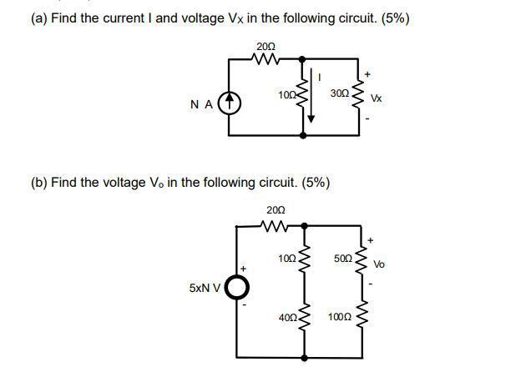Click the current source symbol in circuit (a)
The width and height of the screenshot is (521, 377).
(x=230, y=103)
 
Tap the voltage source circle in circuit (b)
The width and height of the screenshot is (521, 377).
(x=237, y=288)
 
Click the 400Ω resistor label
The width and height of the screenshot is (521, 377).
(x=287, y=317)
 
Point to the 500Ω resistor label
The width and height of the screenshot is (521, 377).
(x=343, y=259)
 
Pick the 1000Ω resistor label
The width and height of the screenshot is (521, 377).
(x=340, y=317)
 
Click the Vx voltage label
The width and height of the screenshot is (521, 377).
(x=377, y=98)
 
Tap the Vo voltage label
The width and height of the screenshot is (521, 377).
(x=379, y=264)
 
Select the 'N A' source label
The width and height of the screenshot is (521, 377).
(x=200, y=104)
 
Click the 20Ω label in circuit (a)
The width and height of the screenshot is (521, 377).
(x=266, y=45)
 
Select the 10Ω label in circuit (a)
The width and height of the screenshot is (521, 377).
(x=286, y=94)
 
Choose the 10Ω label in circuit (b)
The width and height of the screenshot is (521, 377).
(x=286, y=259)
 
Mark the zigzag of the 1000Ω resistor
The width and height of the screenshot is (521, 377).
(x=362, y=318)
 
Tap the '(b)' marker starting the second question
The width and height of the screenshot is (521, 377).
(x=39, y=182)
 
